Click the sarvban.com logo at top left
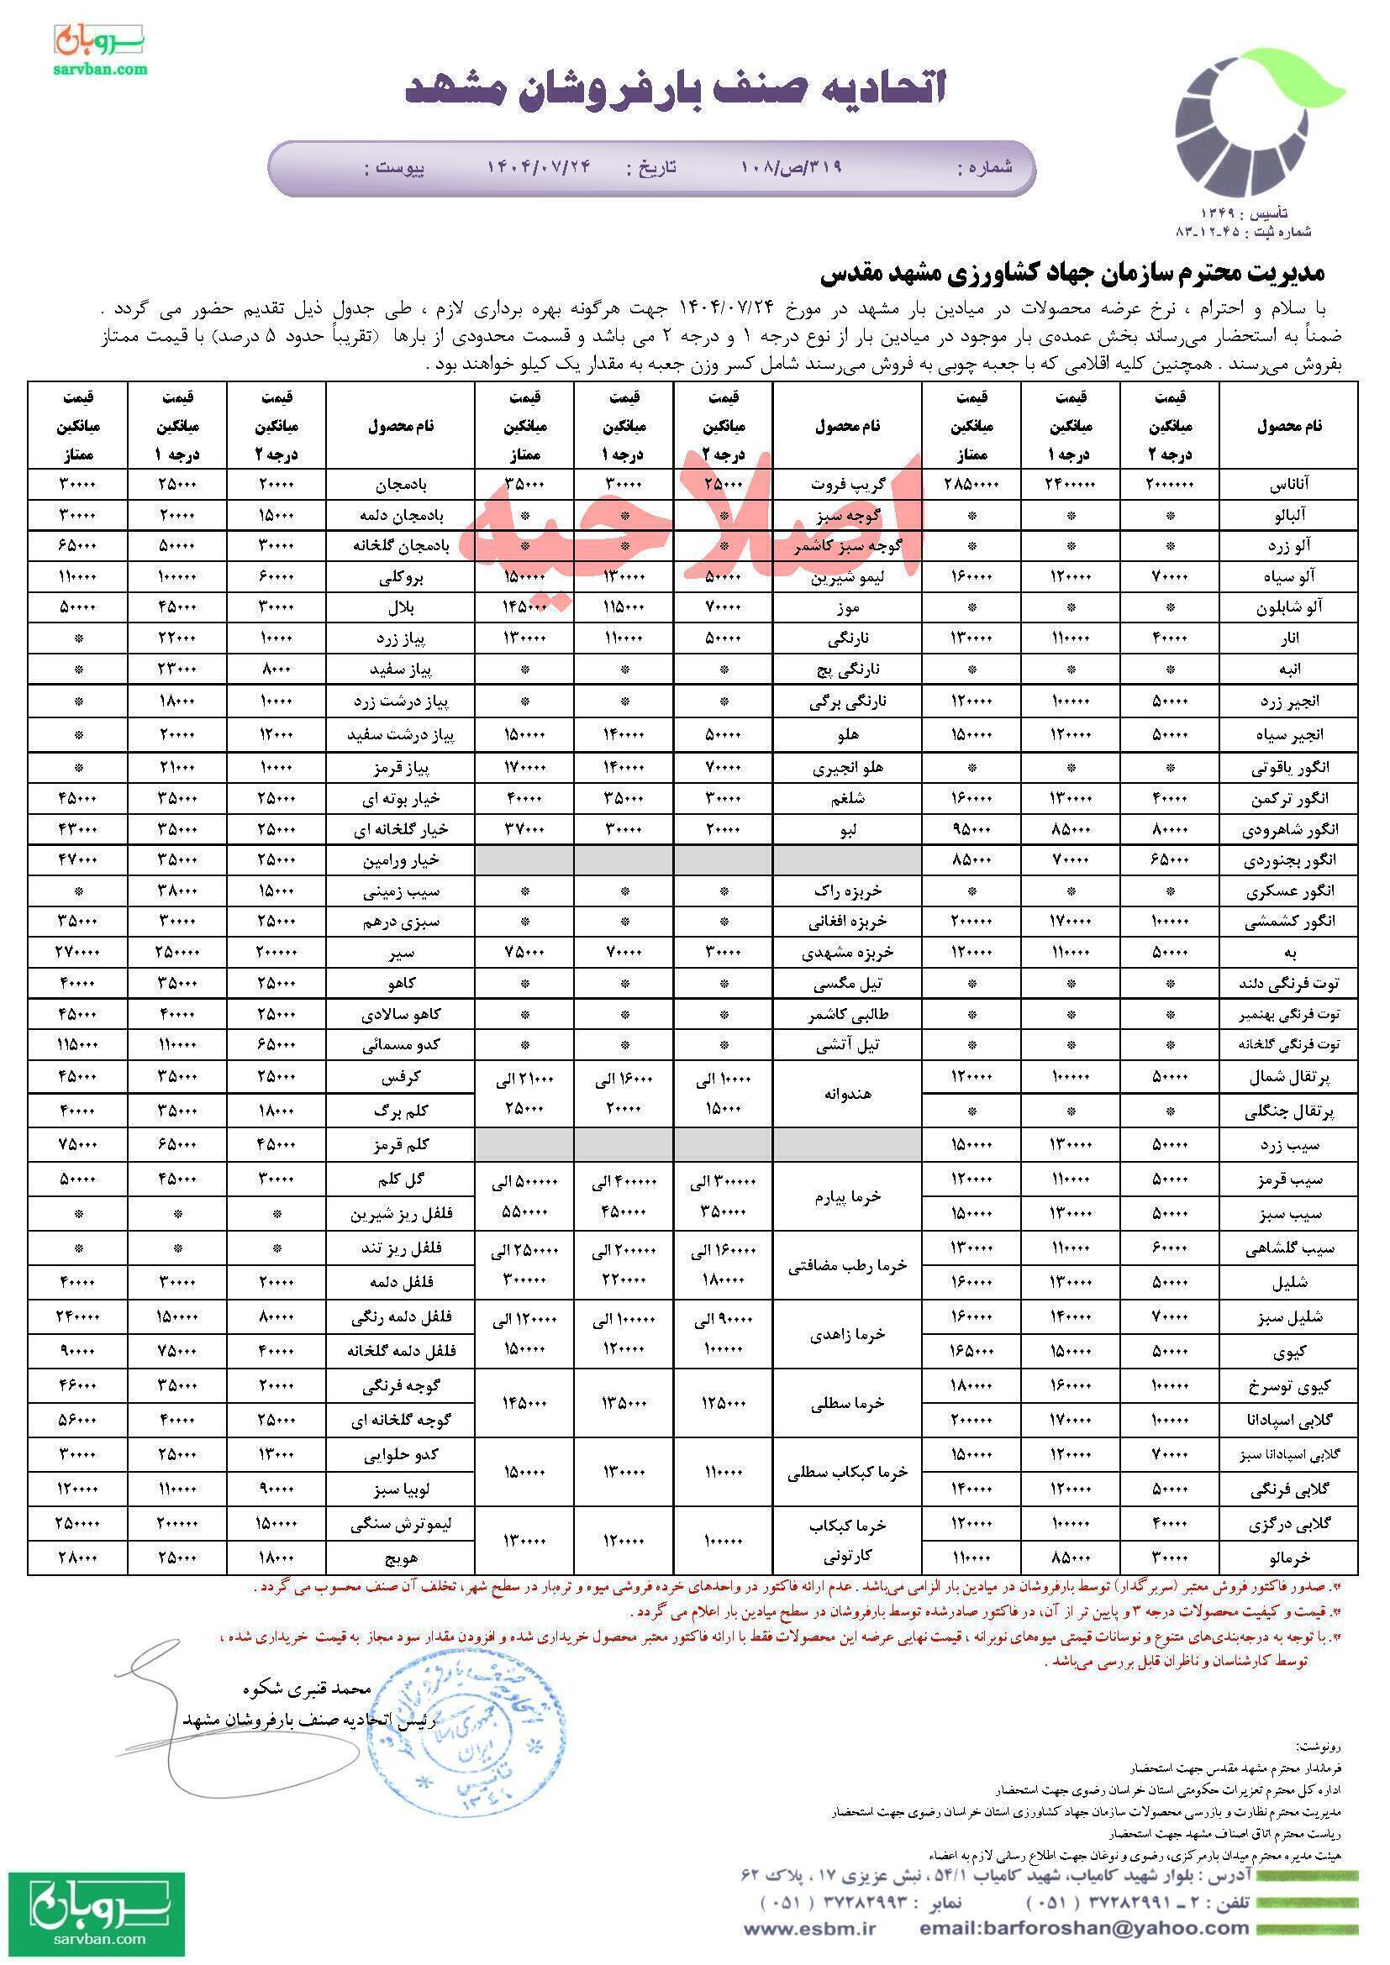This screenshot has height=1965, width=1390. tap(101, 49)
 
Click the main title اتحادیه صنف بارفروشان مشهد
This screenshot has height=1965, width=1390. tap(676, 87)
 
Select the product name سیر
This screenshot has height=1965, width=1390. tap(401, 952)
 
